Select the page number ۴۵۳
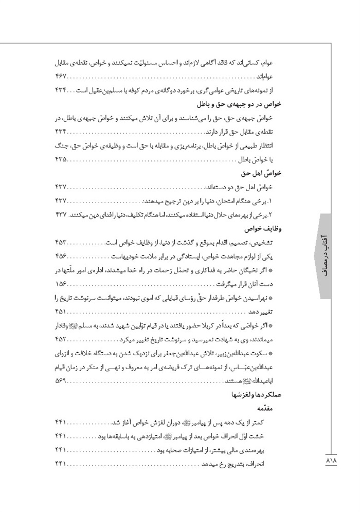pos(61,241)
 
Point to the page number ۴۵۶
pos(61,255)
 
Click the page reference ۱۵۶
pos(61,283)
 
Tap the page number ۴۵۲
pos(61,339)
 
